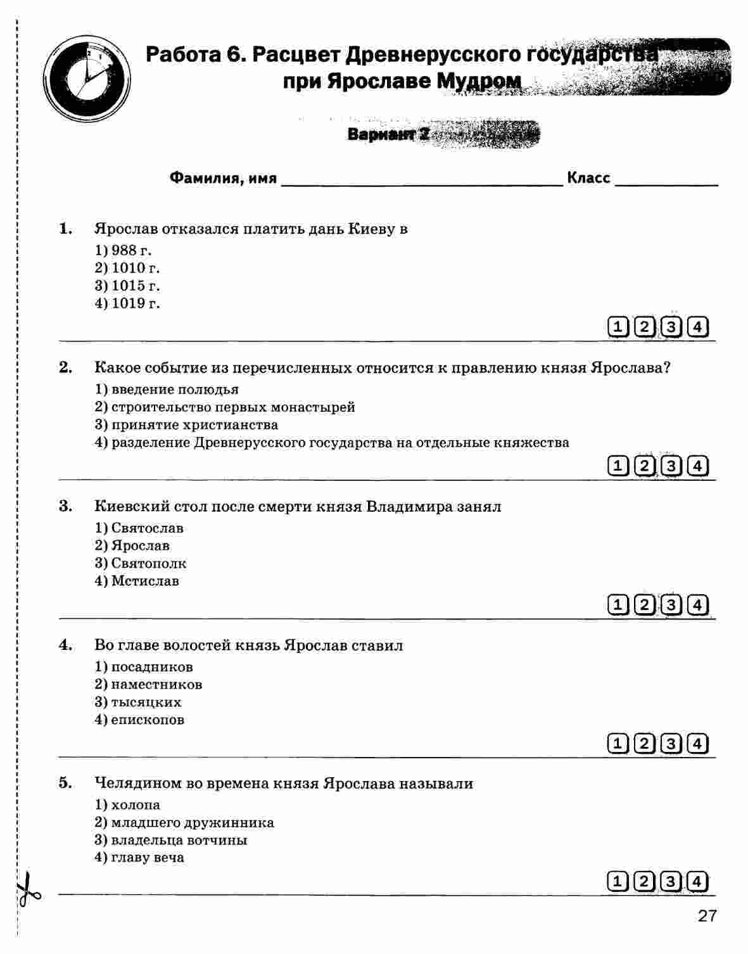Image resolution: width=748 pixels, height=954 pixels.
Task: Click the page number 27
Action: click(x=707, y=916)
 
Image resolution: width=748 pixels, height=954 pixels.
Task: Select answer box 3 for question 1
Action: click(x=671, y=328)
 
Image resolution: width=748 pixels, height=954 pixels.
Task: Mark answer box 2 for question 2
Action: click(x=644, y=466)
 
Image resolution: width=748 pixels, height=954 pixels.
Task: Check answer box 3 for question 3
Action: click(x=671, y=605)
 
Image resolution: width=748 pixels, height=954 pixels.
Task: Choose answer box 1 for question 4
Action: click(x=617, y=743)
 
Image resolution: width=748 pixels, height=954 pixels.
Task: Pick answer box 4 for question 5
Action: click(x=697, y=882)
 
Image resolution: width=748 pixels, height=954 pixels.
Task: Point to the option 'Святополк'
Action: click(x=141, y=563)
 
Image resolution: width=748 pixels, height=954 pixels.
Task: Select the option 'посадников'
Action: click(x=144, y=667)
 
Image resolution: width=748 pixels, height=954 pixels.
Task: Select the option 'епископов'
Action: click(x=140, y=720)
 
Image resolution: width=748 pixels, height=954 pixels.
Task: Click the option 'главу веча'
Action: click(x=140, y=858)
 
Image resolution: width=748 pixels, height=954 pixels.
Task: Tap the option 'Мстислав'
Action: click(x=137, y=581)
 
